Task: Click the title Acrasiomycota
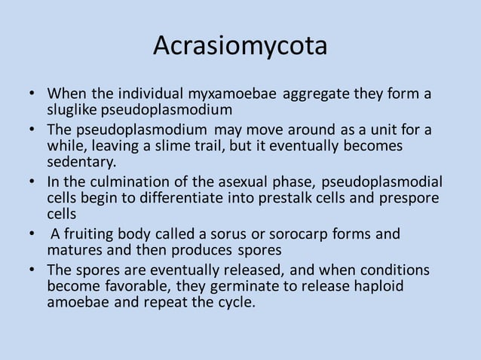click(x=240, y=47)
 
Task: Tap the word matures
click(x=75, y=249)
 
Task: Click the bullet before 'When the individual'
click(x=33, y=95)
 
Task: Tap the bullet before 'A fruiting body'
click(x=33, y=233)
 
